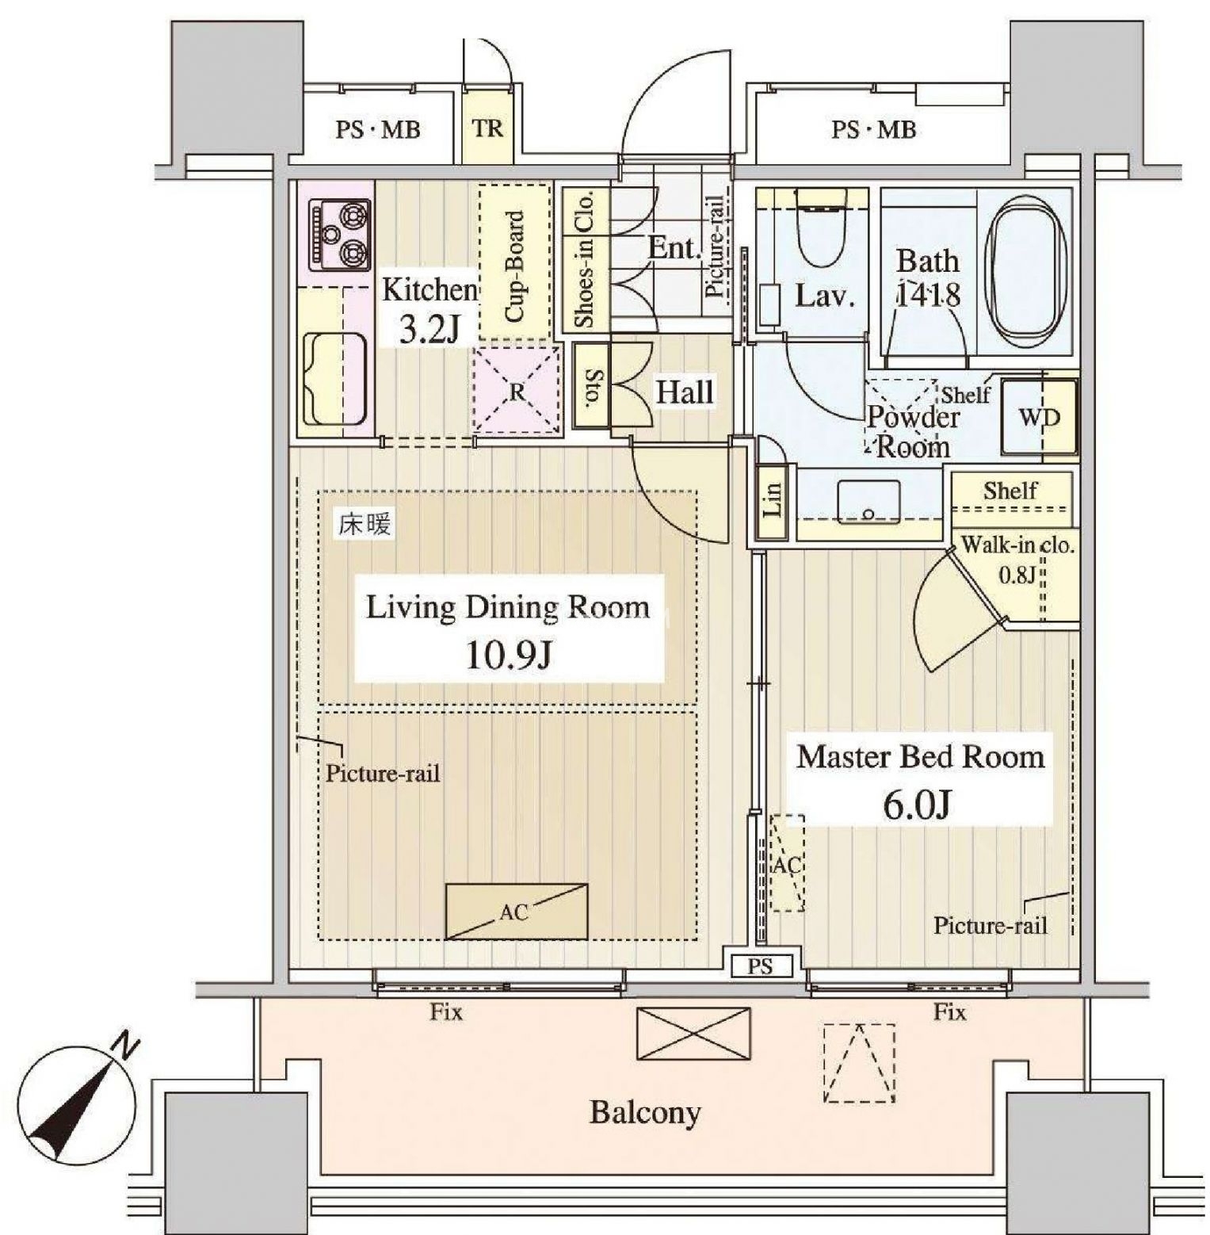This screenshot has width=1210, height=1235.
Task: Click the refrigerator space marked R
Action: [517, 391]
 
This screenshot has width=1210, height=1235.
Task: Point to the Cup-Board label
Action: [515, 266]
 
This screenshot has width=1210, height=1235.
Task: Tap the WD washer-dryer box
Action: [1039, 419]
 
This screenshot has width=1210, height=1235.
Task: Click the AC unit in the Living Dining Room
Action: [517, 912]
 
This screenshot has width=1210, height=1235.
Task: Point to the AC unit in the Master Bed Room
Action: [787, 863]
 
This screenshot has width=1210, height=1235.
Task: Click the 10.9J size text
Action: [508, 655]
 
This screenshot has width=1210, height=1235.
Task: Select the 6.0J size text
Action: [916, 805]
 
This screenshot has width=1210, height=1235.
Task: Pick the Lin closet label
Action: [773, 500]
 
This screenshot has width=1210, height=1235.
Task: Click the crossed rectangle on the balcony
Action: [693, 1034]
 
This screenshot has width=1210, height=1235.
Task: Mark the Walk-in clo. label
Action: [1017, 545]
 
